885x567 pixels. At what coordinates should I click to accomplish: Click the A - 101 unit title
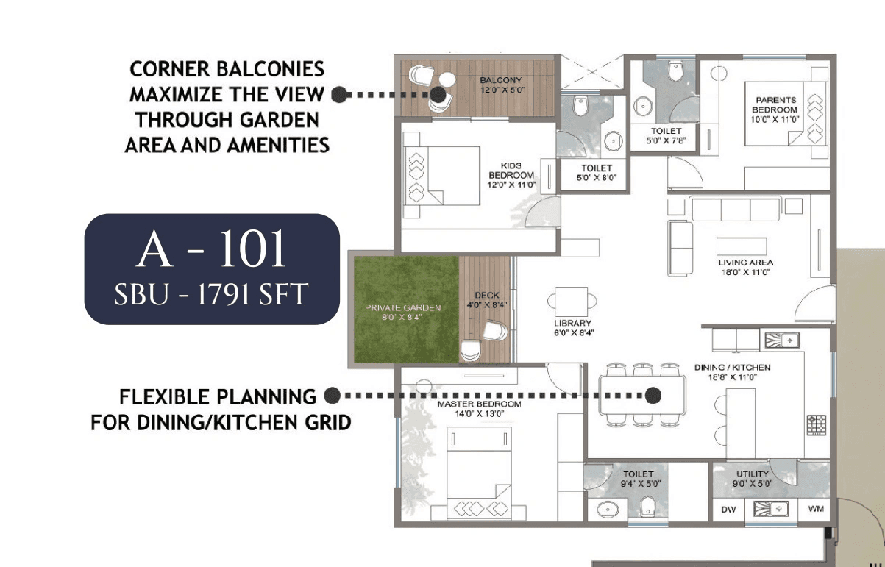tap(211, 252)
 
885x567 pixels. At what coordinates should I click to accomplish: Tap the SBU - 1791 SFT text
tap(211, 295)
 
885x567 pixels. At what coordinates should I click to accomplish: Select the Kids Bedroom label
tap(511, 175)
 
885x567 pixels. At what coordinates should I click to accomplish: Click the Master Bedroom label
tap(479, 409)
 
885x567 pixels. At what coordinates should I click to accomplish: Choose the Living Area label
tap(745, 267)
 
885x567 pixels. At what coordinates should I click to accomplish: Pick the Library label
tap(573, 327)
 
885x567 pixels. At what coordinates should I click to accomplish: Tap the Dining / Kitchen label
tap(732, 372)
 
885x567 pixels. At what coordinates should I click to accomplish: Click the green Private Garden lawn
tap(405, 309)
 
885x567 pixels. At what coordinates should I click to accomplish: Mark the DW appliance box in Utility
tap(728, 509)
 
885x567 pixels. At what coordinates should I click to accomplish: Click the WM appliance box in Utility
tap(816, 509)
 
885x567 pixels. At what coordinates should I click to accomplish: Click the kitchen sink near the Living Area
tap(782, 340)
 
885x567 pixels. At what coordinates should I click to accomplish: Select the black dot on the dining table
tap(653, 396)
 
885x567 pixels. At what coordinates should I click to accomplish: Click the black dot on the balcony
tap(438, 94)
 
